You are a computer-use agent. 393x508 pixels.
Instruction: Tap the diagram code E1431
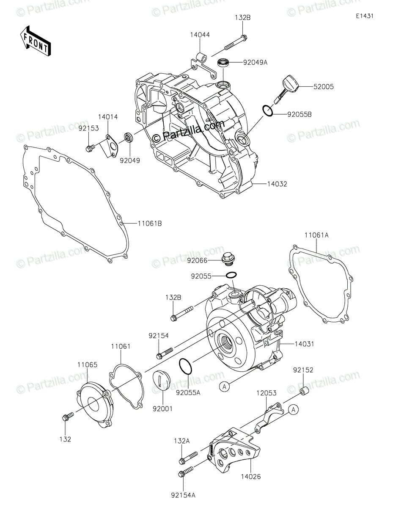click(x=365, y=16)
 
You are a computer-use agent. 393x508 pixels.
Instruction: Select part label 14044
click(x=200, y=35)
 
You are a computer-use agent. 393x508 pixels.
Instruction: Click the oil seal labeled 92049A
click(x=223, y=63)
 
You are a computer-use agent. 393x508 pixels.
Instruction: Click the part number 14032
click(x=277, y=184)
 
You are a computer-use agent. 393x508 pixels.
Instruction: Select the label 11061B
click(x=150, y=224)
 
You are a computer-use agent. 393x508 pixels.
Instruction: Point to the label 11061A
click(x=316, y=235)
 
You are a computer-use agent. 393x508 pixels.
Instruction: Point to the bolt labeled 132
click(x=68, y=417)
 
